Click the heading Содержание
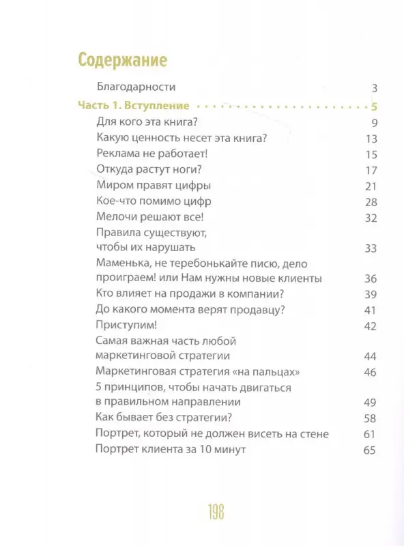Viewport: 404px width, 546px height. [123, 59]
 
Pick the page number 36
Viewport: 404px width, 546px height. [371, 278]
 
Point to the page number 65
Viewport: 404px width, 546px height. [371, 450]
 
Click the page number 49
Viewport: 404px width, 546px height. [371, 402]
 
